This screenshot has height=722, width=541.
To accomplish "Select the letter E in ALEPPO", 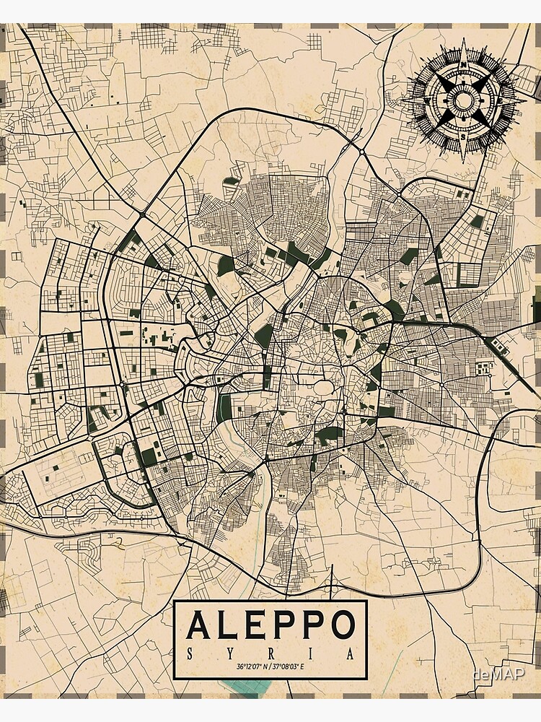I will [258, 625].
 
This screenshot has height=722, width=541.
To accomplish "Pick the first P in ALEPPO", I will [286, 625].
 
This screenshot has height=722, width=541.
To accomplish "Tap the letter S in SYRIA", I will [190, 653].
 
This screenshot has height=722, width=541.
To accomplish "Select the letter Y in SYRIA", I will [231, 653].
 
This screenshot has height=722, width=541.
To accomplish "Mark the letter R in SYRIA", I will [271, 653].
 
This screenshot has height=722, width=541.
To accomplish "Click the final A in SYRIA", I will [351, 653].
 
